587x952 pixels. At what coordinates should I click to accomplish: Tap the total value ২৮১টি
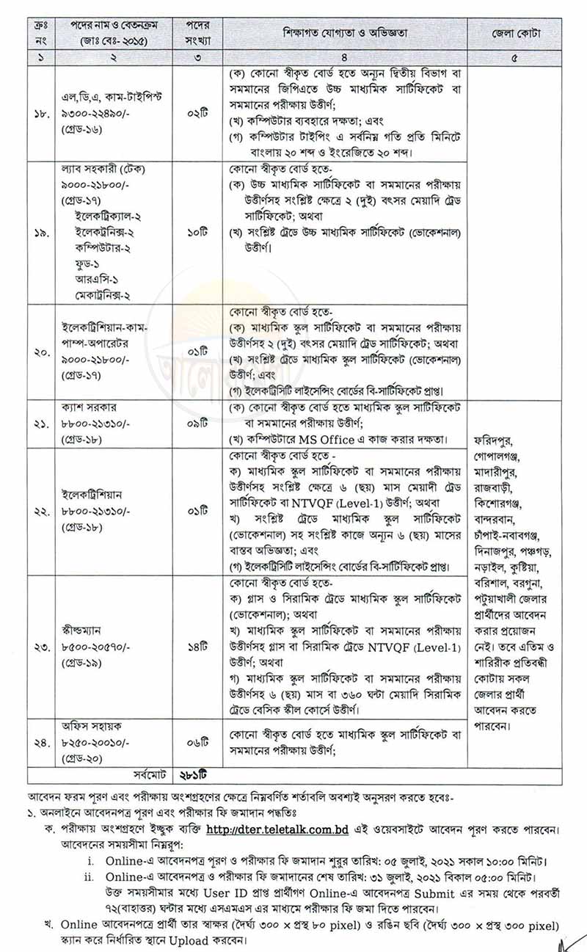pyautogui.click(x=196, y=774)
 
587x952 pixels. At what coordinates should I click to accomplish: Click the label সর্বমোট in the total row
pyautogui.click(x=148, y=774)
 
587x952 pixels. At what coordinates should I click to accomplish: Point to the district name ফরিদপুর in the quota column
pyautogui.click(x=496, y=440)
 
